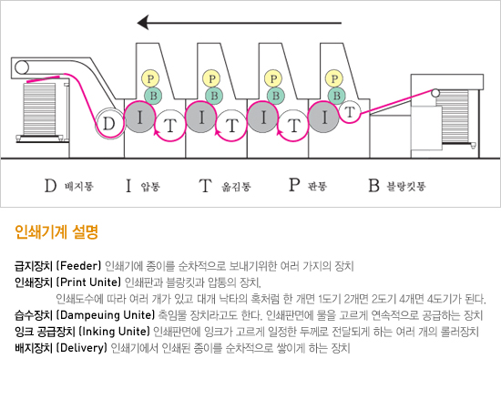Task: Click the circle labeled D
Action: tap(109, 123)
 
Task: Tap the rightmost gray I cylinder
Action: tap(324, 117)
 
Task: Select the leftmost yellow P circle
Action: tap(150, 78)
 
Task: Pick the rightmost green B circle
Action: tap(336, 96)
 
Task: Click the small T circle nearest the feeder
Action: tap(350, 112)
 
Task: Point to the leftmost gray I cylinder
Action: tap(139, 117)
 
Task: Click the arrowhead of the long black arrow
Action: tap(143, 23)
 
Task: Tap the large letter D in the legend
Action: tap(50, 186)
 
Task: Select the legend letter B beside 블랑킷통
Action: tap(373, 186)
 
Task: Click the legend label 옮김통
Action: tap(237, 186)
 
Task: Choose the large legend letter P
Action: tap(294, 185)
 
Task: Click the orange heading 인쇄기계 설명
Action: tap(56, 232)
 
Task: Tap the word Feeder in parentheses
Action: tap(80, 266)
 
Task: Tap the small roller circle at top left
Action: tap(22, 67)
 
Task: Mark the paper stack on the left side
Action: tap(39, 109)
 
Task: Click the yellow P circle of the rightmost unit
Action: tap(334, 78)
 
